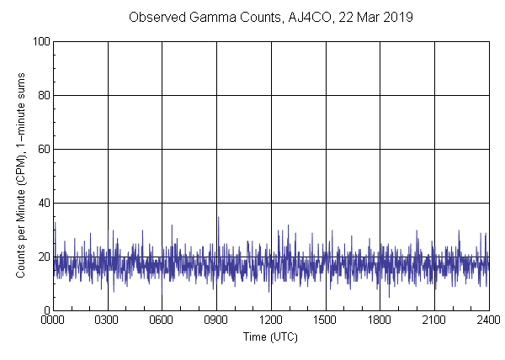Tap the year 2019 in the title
coord(393,17)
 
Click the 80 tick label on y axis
coord(41,95)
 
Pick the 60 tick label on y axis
coord(41,149)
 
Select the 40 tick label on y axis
coord(41,203)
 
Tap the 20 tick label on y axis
coord(41,257)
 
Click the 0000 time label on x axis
coord(54,320)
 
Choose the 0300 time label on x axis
coord(109,320)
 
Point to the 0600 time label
coord(162,320)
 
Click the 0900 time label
coord(217,320)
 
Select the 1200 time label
coord(271,320)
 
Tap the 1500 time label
coord(326,320)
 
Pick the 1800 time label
coord(380,320)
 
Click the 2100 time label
coord(434,320)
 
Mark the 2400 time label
coord(488,320)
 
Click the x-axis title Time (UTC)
coord(270,336)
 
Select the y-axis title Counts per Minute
coord(19,176)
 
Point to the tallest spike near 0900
coord(218,218)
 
